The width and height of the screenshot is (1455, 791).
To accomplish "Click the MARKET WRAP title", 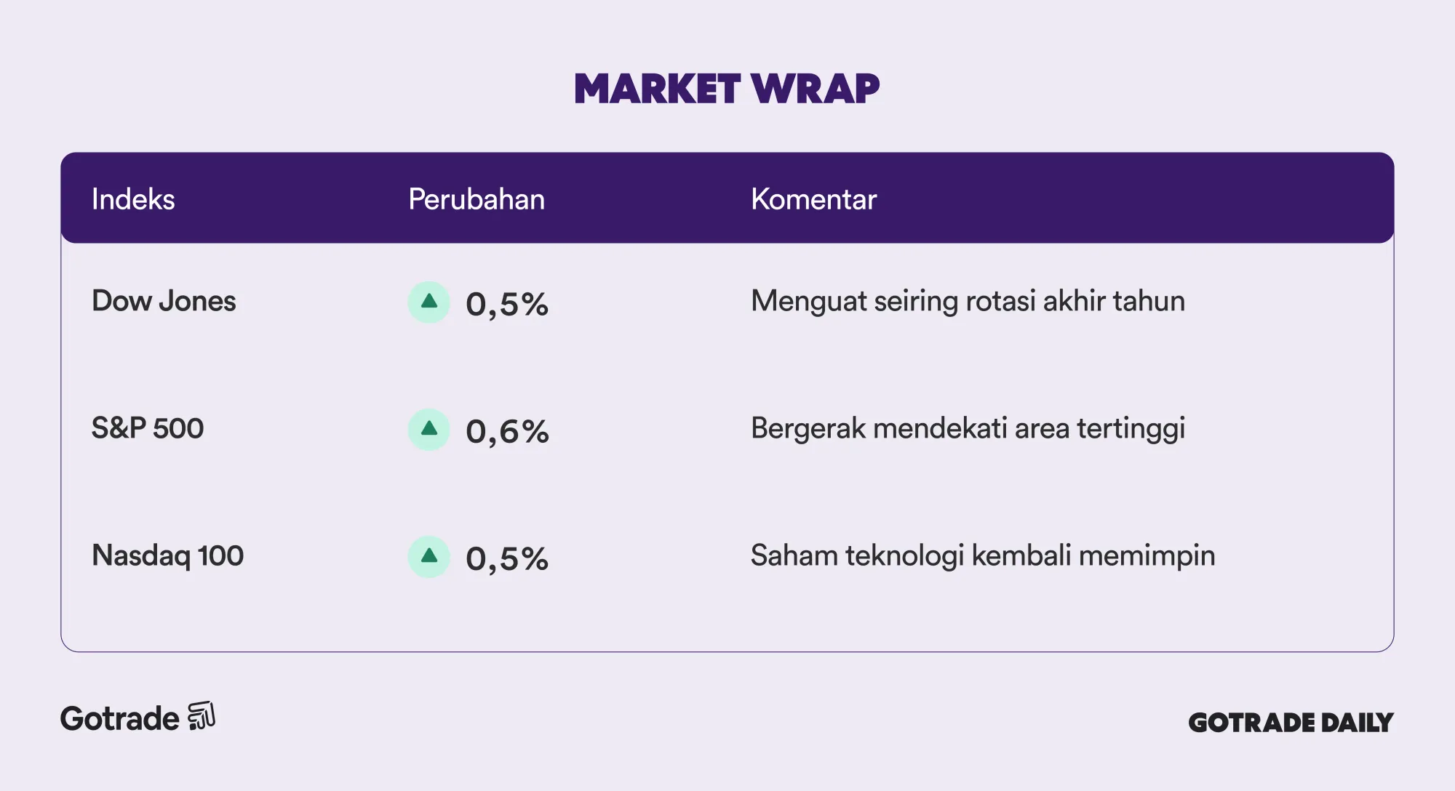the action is (727, 89).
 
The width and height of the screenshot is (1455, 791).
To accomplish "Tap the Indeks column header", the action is (133, 199).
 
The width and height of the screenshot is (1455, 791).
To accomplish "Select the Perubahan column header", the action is (477, 199).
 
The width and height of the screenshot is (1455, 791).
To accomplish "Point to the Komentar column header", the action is (813, 199).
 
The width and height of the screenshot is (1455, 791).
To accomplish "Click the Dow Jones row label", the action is (164, 301).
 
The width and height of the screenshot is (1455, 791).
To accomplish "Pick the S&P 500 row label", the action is (148, 428).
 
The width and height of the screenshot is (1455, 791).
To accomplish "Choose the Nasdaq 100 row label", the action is (167, 555).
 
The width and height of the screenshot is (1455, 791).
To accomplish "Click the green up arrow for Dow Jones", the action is (429, 302).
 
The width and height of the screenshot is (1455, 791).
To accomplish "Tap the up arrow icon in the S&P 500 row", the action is (429, 429).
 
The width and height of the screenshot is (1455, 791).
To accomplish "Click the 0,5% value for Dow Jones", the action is (507, 305).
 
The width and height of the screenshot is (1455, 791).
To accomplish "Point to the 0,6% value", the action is (507, 432).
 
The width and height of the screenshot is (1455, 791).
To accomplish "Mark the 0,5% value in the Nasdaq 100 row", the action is (507, 559).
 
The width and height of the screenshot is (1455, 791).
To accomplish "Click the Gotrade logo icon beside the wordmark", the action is (202, 716).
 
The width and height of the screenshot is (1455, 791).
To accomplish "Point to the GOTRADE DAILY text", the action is (1291, 722).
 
